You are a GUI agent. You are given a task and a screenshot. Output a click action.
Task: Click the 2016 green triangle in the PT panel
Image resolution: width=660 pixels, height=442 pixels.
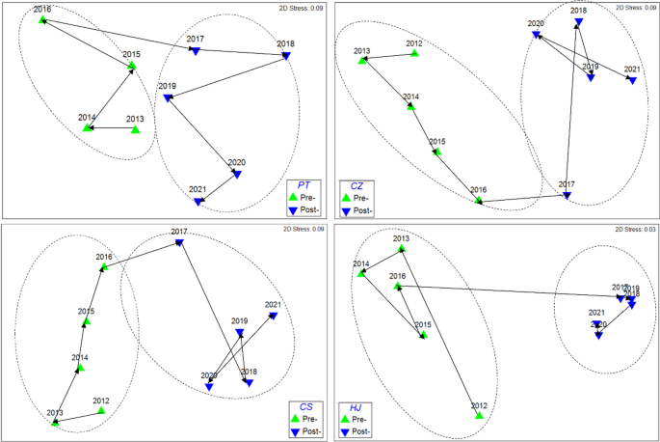tap(42, 19)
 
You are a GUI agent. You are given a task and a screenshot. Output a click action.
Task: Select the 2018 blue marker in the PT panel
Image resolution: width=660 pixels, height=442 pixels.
tap(286, 56)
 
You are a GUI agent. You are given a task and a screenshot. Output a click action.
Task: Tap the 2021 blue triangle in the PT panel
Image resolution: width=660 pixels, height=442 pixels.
tap(198, 202)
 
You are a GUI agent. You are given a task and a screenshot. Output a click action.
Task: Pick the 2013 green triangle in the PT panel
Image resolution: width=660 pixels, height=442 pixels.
tap(135, 129)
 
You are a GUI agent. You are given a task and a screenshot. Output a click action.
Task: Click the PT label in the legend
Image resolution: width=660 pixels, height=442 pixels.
tap(304, 184)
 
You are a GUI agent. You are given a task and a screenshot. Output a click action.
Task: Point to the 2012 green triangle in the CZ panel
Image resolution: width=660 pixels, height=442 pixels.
tap(414, 54)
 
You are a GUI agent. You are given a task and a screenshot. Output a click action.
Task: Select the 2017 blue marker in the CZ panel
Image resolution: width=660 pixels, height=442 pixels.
tap(567, 196)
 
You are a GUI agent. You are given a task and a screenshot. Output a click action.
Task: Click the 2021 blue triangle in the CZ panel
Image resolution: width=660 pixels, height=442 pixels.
tap(632, 80)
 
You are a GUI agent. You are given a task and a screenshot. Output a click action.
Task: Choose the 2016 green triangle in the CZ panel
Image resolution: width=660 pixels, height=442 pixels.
tap(479, 201)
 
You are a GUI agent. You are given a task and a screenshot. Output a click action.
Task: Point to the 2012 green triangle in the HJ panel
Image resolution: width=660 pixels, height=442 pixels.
tap(479, 415)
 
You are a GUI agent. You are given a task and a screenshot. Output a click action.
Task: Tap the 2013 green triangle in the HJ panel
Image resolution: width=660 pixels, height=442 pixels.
tap(402, 249)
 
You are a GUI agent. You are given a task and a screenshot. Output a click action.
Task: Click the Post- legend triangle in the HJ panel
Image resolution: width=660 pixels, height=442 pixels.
tap(344, 432)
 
